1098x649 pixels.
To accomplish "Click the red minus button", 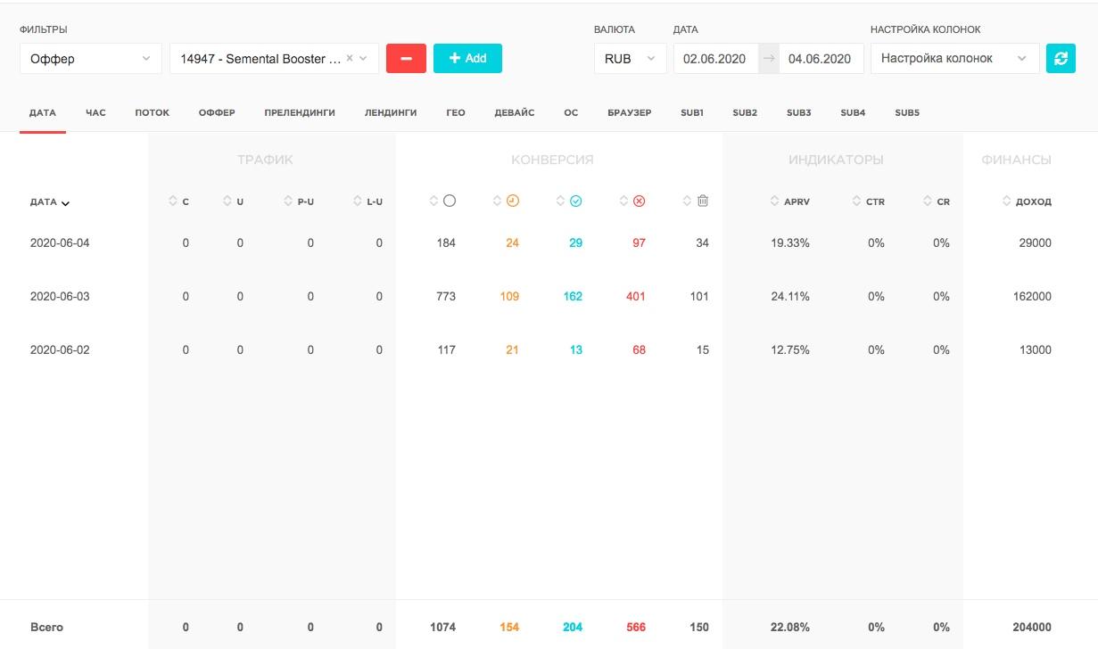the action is click(406, 58).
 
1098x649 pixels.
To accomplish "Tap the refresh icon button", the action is click(1061, 58).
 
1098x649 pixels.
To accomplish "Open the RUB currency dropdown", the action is click(630, 58).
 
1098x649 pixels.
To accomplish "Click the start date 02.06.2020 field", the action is click(715, 59).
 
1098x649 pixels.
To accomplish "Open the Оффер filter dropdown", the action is click(91, 58).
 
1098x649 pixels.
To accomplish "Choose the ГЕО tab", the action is click(456, 112).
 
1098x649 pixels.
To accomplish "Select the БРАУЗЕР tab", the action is click(630, 112).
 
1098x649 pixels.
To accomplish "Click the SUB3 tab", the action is click(798, 112).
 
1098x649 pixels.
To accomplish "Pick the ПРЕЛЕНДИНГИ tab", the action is click(300, 112).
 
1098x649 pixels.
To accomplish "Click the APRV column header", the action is click(797, 201).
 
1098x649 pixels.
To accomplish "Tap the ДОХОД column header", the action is click(1033, 201).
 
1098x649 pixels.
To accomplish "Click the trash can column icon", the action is click(703, 201).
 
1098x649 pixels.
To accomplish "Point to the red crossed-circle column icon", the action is click(639, 201).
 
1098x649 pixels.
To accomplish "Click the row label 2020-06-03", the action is click(60, 296).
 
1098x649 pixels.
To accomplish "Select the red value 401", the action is click(635, 296).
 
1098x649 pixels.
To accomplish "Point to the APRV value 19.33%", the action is click(789, 243).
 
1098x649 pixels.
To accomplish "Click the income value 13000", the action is click(1036, 349).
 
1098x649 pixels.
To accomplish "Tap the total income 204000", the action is click(1032, 627).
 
